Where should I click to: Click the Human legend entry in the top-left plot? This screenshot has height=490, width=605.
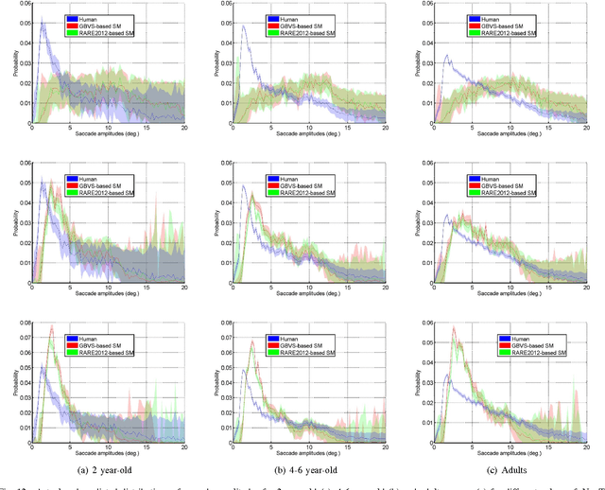pos(92,17)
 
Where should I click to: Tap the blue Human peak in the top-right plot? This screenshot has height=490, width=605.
pos(448,55)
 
